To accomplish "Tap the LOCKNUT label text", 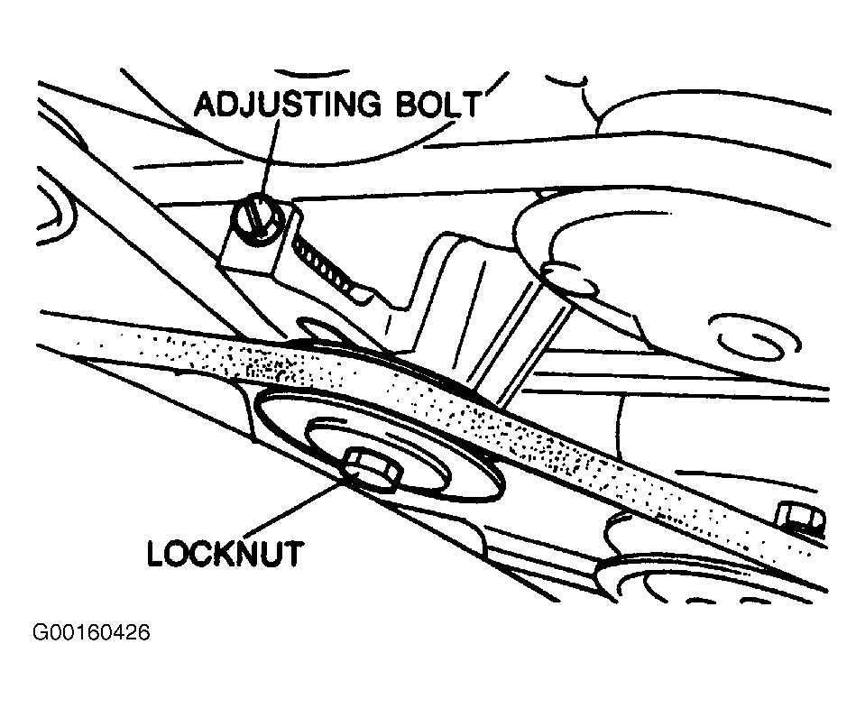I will tap(225, 552).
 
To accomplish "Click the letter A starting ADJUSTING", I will tap(207, 105).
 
